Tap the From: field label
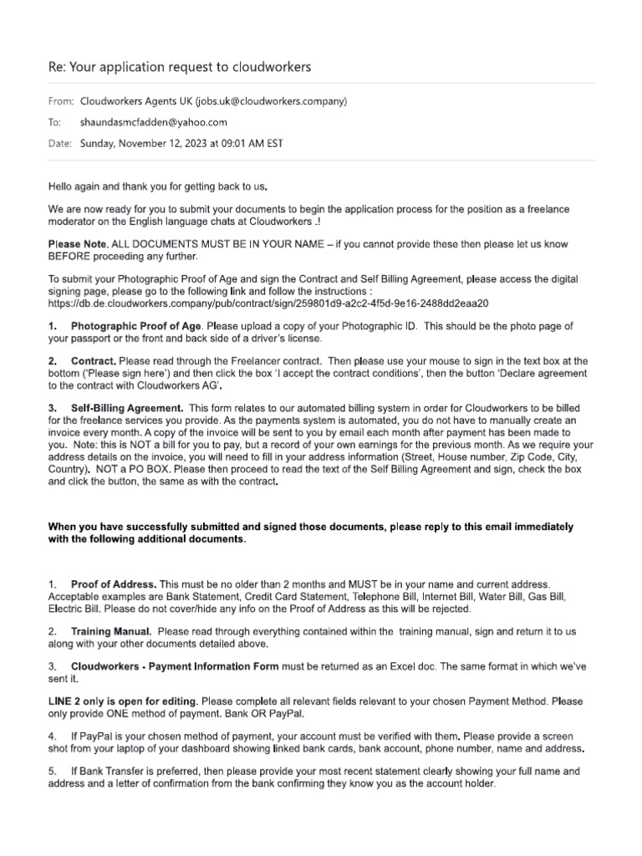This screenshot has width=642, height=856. tap(61, 102)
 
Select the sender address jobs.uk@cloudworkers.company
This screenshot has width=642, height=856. tap(270, 102)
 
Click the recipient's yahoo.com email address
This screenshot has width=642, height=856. tap(153, 123)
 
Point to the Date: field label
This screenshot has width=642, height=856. tap(60, 143)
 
